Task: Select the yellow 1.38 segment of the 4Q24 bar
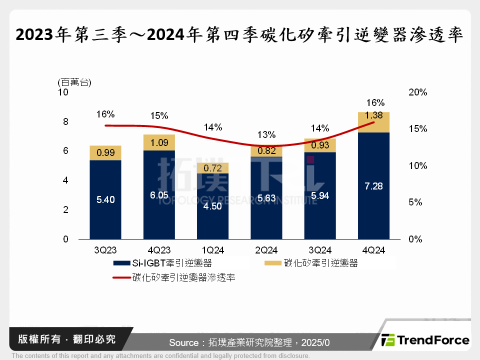click(x=373, y=122)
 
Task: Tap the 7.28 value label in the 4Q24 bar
click(x=373, y=186)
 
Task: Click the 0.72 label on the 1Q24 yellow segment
click(x=212, y=168)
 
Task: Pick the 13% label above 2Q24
click(x=266, y=134)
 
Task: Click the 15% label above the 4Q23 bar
click(x=159, y=116)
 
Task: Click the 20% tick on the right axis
click(x=417, y=92)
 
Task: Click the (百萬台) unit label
click(x=74, y=81)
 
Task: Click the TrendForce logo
click(x=425, y=340)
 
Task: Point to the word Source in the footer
click(x=183, y=343)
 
